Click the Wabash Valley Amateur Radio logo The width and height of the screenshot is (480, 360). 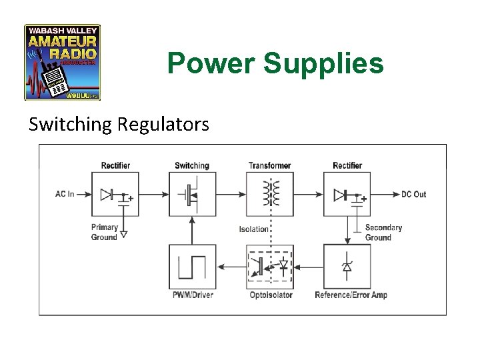click(63, 63)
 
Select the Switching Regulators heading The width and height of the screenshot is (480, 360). click(119, 124)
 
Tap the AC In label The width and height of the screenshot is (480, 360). click(65, 194)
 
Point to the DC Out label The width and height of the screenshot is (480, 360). click(413, 194)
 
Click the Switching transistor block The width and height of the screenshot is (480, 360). click(192, 194)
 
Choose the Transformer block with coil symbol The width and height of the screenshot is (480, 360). click(270, 194)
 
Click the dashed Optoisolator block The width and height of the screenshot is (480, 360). click(270, 267)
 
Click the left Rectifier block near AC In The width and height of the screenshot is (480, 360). click(115, 194)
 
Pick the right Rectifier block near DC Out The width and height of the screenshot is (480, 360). click(347, 194)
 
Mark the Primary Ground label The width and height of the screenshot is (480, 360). click(105, 232)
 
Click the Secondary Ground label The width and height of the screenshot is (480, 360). click(383, 232)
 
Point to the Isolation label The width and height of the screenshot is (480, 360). click(253, 229)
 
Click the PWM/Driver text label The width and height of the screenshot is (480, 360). click(192, 295)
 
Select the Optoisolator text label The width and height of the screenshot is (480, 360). click(270, 295)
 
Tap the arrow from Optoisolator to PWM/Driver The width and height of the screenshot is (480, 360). click(231, 267)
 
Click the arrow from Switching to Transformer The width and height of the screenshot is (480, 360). click(231, 194)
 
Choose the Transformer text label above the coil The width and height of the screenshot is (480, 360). click(269, 165)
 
